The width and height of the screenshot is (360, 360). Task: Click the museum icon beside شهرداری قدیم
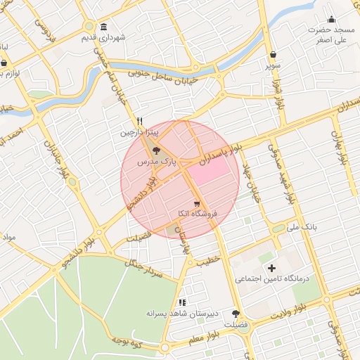[104, 27]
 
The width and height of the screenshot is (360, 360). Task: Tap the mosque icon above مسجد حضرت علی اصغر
[332, 19]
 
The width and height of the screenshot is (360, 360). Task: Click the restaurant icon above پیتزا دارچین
[140, 120]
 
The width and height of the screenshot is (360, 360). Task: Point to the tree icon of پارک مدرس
[156, 150]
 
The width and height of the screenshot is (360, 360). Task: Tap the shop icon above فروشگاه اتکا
[195, 202]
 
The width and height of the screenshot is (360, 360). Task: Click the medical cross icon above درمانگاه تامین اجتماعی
[271, 268]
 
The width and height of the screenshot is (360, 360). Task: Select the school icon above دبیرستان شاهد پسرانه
[182, 302]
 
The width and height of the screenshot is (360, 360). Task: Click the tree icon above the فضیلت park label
[235, 314]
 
